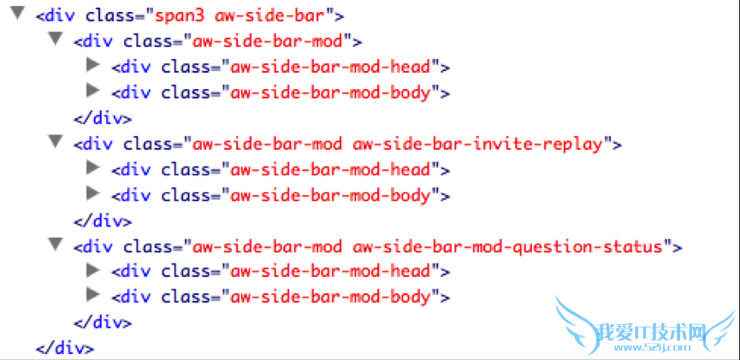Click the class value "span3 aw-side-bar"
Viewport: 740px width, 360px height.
coord(240,16)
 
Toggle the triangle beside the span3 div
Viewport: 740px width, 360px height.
coord(18,13)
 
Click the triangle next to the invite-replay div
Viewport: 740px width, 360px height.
coord(56,140)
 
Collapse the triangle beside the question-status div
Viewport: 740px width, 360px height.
coord(56,244)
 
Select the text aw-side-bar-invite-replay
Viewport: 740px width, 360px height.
coord(478,144)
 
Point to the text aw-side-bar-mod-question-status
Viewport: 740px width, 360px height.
coord(507,246)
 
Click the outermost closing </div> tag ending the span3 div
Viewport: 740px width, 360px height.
coord(65,349)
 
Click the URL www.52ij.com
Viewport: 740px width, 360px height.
coord(653,348)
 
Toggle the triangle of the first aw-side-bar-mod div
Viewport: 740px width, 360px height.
coord(56,38)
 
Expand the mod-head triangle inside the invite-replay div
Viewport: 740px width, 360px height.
coord(93,167)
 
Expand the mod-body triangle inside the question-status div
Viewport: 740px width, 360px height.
coord(93,295)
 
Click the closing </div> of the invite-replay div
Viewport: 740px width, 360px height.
coord(103,221)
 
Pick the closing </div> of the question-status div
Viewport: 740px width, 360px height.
coord(103,322)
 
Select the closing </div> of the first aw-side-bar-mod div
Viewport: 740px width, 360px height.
coord(103,118)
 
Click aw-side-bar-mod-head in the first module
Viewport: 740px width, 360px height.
coord(330,68)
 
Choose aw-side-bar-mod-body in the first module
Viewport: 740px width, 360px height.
coord(330,93)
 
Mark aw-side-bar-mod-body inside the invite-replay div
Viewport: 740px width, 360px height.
coord(330,195)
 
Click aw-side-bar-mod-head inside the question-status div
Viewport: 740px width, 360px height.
coord(330,272)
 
